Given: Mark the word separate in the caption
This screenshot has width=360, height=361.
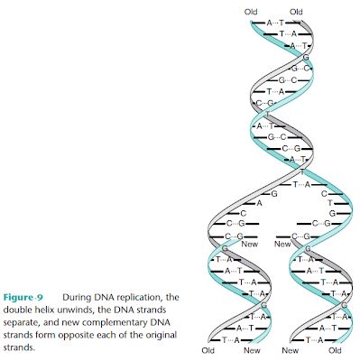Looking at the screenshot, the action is pyautogui.click(x=24, y=321).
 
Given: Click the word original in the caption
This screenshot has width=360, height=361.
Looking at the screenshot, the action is pyautogui.click(x=155, y=334).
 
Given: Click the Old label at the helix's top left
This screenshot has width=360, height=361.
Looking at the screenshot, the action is pyautogui.click(x=251, y=12).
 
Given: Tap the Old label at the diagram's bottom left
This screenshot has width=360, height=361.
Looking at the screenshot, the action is pyautogui.click(x=209, y=349).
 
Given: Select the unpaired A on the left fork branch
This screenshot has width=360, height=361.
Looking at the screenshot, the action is pyautogui.click(x=259, y=203).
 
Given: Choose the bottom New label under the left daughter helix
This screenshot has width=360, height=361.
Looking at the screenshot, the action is pyautogui.click(x=251, y=349).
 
